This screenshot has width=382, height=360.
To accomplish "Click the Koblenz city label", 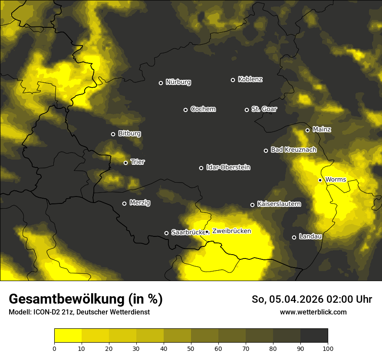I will pos(250,79).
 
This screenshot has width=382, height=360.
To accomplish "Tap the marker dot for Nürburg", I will pos(161,83).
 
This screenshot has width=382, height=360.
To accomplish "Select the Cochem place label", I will pos(203,109).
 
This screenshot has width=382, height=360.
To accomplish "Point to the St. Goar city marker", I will pos(247,110).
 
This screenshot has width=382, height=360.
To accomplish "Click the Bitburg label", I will pos(129,134).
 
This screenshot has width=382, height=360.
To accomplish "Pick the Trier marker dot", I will pos(125,163).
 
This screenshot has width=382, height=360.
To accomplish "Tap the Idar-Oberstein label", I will pos(228,167).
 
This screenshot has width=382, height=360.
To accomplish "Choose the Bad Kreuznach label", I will pos(293,150).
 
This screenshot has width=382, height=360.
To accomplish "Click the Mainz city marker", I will pos(307,130).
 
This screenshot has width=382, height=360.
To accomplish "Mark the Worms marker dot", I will pos(320,180).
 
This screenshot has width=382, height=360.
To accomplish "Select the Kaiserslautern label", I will pos(279,204).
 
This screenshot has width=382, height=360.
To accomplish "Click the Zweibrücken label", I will pos(231,231).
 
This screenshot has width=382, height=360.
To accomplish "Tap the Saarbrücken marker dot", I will pos(166,233).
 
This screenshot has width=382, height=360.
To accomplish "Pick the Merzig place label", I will pos(140,203).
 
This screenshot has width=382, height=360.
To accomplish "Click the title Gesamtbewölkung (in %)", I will pos(86,299).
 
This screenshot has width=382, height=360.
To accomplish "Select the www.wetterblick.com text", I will pos(313,312).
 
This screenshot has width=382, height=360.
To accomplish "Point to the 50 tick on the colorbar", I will pos(191,348).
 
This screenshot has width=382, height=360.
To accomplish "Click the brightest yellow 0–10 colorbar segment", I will pos(68,335).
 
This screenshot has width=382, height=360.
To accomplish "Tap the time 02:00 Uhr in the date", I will pos(347,299).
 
